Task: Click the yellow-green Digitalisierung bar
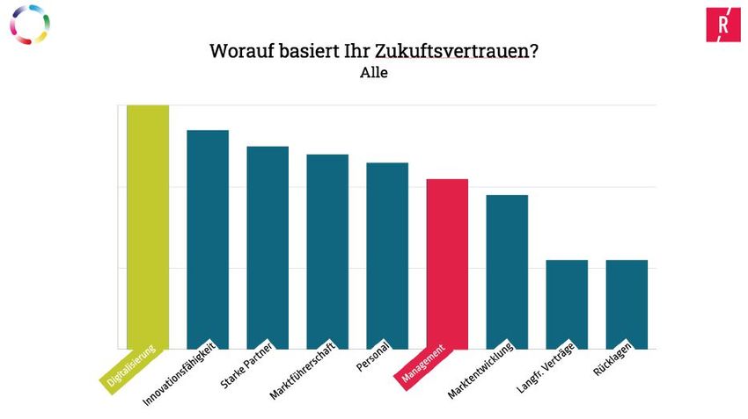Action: pos(148,227)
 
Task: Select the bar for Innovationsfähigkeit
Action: pos(208,239)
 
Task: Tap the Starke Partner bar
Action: pos(268,247)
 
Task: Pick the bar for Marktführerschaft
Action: pos(327,251)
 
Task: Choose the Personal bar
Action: pos(387,256)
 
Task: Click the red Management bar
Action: pos(447,264)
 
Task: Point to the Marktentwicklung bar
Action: pos(507,271)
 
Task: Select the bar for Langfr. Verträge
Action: pos(567,304)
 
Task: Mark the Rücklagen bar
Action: pos(627,304)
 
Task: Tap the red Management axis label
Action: pos(423,364)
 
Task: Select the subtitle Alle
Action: pos(374,73)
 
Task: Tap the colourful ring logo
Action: pos(30,25)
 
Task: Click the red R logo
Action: pos(722,25)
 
